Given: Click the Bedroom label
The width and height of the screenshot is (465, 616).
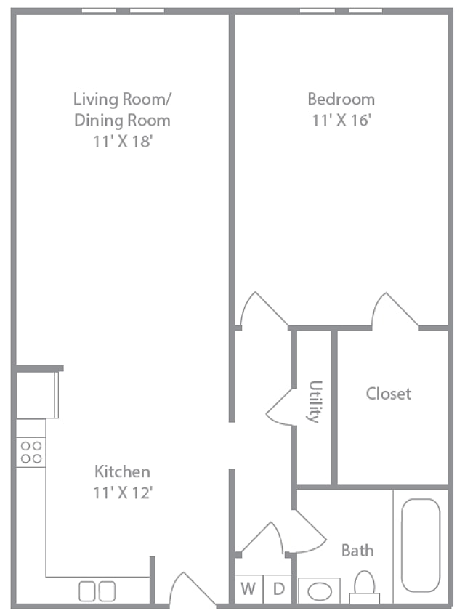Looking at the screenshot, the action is pyautogui.click(x=341, y=99).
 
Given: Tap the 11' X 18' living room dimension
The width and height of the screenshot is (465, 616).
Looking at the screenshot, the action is pyautogui.click(x=123, y=142).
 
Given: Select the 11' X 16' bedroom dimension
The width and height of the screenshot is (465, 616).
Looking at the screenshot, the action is pyautogui.click(x=341, y=120).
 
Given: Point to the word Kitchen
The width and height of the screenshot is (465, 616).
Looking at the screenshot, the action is pyautogui.click(x=122, y=471).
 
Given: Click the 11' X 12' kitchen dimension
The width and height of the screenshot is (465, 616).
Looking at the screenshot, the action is pyautogui.click(x=123, y=493).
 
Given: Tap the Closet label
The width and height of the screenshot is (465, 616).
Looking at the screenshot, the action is pyautogui.click(x=389, y=394).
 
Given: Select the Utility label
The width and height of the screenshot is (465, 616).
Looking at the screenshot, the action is pyautogui.click(x=315, y=402).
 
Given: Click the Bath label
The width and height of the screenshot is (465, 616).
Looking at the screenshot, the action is pyautogui.click(x=357, y=551).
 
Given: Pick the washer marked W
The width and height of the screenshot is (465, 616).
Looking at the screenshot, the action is pyautogui.click(x=248, y=589).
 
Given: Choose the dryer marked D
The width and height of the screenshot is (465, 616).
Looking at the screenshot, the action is pyautogui.click(x=278, y=589).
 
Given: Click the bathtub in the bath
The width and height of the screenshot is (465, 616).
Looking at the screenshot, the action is pyautogui.click(x=421, y=546).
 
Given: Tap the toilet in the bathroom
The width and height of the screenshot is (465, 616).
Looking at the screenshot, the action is pyautogui.click(x=365, y=588).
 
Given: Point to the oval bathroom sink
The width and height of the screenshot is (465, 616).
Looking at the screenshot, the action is pyautogui.click(x=320, y=591).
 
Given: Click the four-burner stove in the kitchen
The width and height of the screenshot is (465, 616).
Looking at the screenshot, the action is pyautogui.click(x=31, y=452).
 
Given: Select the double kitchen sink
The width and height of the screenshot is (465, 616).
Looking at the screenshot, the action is pyautogui.click(x=97, y=591).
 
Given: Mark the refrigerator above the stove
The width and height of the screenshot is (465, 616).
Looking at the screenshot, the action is pyautogui.click(x=37, y=395).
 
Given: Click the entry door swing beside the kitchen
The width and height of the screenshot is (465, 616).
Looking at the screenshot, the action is pyautogui.click(x=192, y=588).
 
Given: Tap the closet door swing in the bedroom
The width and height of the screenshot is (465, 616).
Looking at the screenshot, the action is pyautogui.click(x=395, y=309).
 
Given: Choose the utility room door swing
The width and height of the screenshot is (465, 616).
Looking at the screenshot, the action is pyautogui.click(x=280, y=407).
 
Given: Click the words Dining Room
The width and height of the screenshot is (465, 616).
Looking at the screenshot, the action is pyautogui.click(x=122, y=120).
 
